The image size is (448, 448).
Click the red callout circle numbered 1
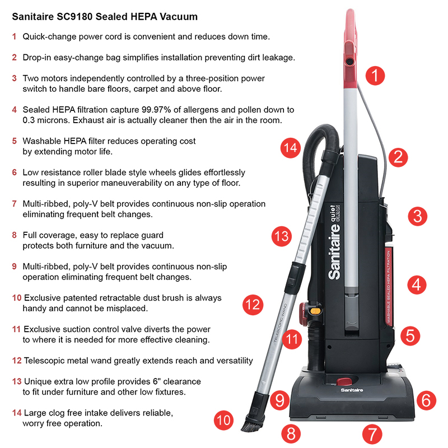coord(375,76)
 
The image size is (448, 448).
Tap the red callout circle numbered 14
coord(291,148)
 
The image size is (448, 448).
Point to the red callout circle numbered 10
coord(223,421)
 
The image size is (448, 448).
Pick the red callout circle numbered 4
coord(417,284)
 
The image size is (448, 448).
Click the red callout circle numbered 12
coord(253,305)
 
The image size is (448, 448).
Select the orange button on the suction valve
coord(315,311)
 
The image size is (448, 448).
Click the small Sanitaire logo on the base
coord(352,390)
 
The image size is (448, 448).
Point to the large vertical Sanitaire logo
coord(334,242)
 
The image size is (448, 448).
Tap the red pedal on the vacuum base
coord(344,381)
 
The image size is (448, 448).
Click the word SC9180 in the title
coord(74,17)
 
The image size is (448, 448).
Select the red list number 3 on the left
coord(15,78)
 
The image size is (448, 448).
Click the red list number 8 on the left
coord(15,235)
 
